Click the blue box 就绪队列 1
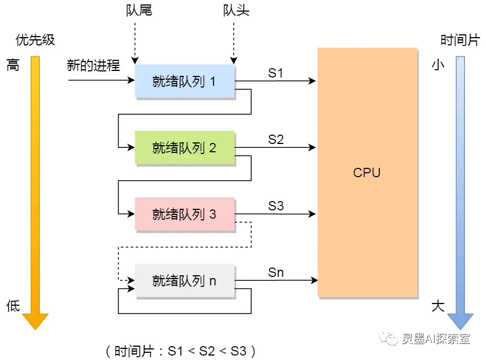click(x=185, y=81)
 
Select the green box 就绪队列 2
click(x=185, y=147)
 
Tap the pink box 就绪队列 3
click(x=185, y=214)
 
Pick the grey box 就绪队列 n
click(x=185, y=281)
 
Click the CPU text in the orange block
click(x=366, y=173)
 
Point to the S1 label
click(x=276, y=73)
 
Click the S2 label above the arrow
click(x=276, y=140)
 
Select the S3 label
click(x=276, y=206)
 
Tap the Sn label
click(x=276, y=272)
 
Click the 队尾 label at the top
click(x=139, y=10)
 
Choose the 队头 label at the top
click(x=236, y=10)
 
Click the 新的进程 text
click(x=94, y=65)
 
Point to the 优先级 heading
click(x=35, y=40)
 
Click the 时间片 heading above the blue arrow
click(x=460, y=40)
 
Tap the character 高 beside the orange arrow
click(x=13, y=65)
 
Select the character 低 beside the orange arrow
click(x=13, y=306)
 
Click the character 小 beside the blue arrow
click(x=438, y=65)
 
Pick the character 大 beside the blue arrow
click(x=438, y=306)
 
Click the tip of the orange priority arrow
click(x=35, y=330)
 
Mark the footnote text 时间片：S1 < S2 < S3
click(x=180, y=351)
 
